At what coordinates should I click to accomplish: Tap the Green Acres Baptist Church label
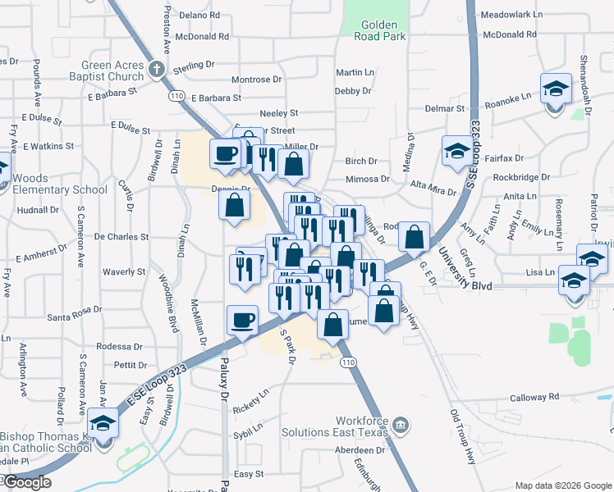(x=112, y=71)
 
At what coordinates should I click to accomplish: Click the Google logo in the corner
(x=26, y=482)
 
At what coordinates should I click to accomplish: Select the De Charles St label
(x=121, y=236)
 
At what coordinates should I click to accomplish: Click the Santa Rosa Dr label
(x=75, y=317)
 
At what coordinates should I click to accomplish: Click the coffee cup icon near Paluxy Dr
(x=242, y=320)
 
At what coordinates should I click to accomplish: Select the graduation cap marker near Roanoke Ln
(x=556, y=88)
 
